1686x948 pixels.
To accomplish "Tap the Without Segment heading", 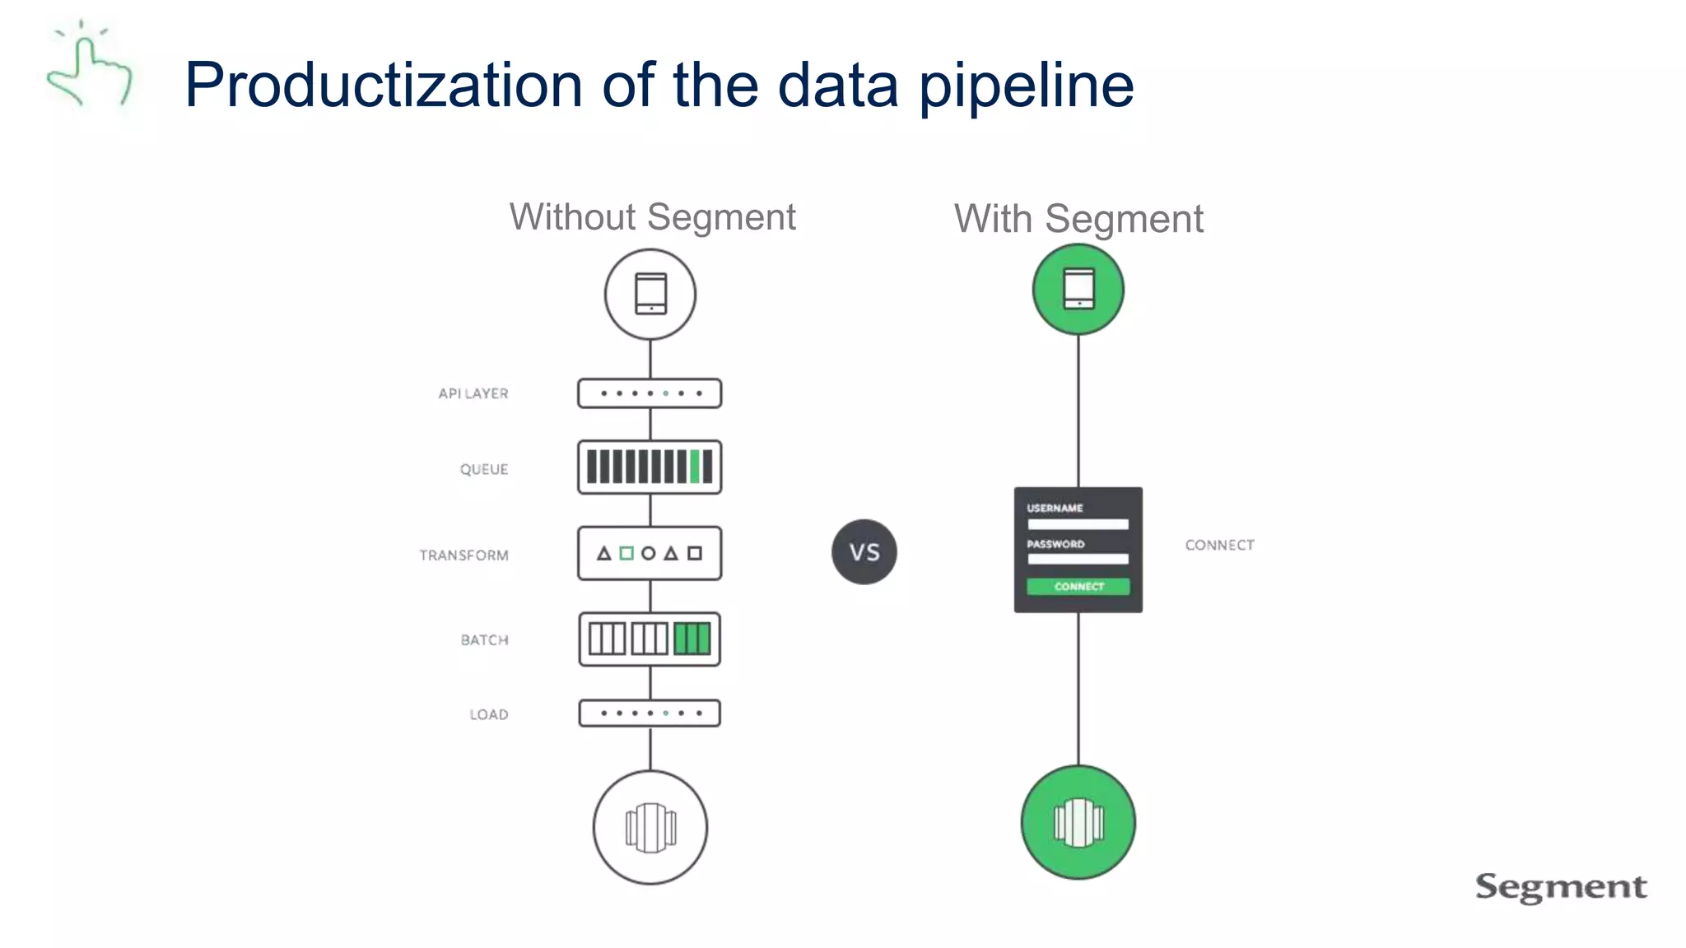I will pyautogui.click(x=652, y=217).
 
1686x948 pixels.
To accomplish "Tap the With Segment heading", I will pyautogui.click(x=1078, y=219).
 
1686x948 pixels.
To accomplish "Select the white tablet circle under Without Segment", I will pyautogui.click(x=650, y=294).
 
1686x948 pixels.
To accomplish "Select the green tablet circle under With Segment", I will pyautogui.click(x=1078, y=290).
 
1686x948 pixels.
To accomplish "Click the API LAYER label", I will pyautogui.click(x=473, y=393).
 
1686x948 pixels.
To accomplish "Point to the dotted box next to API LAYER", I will pyautogui.click(x=650, y=393).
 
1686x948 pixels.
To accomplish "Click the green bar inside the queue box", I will pyautogui.click(x=695, y=467).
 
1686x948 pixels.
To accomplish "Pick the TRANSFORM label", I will pyautogui.click(x=463, y=555).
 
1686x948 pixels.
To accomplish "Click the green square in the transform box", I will pyautogui.click(x=626, y=553).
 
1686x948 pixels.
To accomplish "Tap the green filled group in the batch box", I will pyautogui.click(x=692, y=639).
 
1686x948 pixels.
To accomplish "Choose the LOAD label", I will pyautogui.click(x=488, y=714).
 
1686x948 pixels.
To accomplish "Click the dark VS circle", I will pyautogui.click(x=864, y=552).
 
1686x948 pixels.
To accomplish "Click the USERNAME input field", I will pyautogui.click(x=1078, y=524).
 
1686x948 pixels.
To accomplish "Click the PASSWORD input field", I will pyautogui.click(x=1078, y=560).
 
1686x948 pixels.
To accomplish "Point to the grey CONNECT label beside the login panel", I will pyautogui.click(x=1219, y=545).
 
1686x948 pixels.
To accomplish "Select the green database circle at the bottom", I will pyautogui.click(x=1078, y=822).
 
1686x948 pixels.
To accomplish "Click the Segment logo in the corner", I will pyautogui.click(x=1561, y=887).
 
